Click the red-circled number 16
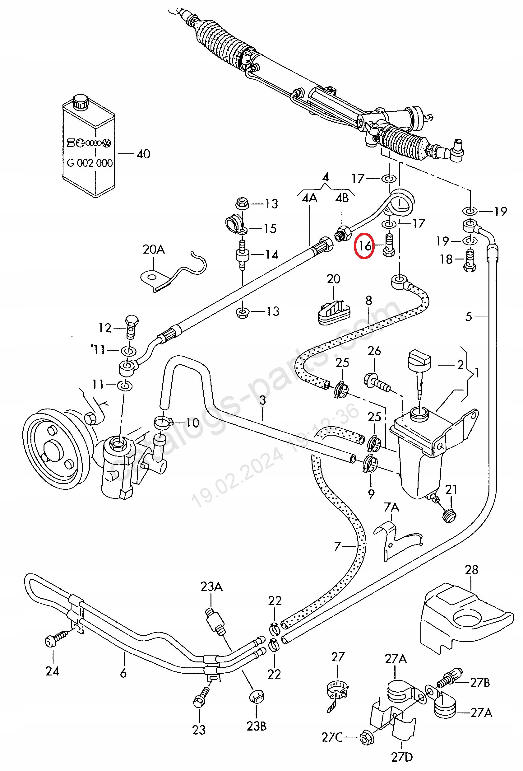pyautogui.click(x=364, y=246)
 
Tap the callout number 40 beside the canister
pyautogui.click(x=143, y=154)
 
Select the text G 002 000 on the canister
pyautogui.click(x=90, y=163)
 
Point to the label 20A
pyautogui.click(x=154, y=249)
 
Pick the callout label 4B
pyautogui.click(x=342, y=198)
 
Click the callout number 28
pyautogui.click(x=471, y=570)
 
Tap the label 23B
pyautogui.click(x=256, y=726)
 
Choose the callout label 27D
pyautogui.click(x=402, y=757)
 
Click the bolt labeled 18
pyautogui.click(x=470, y=260)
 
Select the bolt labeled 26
pyautogui.click(x=377, y=382)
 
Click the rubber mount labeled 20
pyautogui.click(x=334, y=312)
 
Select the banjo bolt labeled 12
pyautogui.click(x=132, y=327)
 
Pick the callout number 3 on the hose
pyautogui.click(x=263, y=400)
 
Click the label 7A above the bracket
pyautogui.click(x=391, y=507)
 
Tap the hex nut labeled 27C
pyautogui.click(x=367, y=737)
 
